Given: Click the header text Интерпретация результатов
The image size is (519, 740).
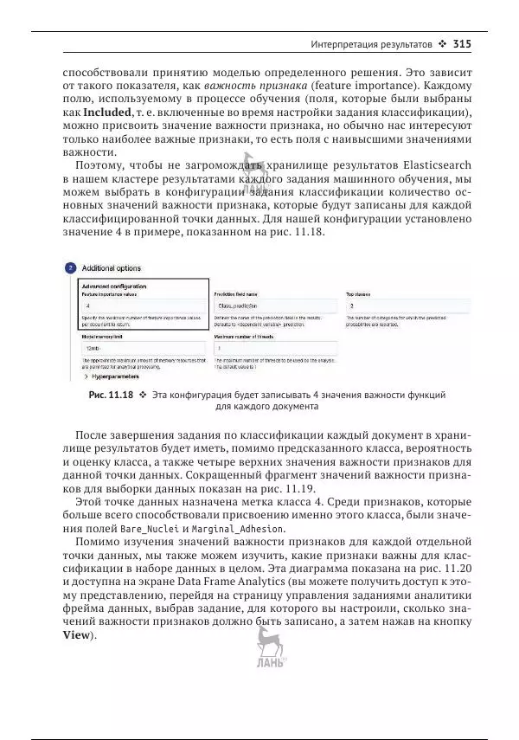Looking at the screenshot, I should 372,43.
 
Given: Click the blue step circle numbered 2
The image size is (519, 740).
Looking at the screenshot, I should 70,268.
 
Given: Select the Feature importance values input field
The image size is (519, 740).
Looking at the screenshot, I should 143,306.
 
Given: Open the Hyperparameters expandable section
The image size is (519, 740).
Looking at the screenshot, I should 116,377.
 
